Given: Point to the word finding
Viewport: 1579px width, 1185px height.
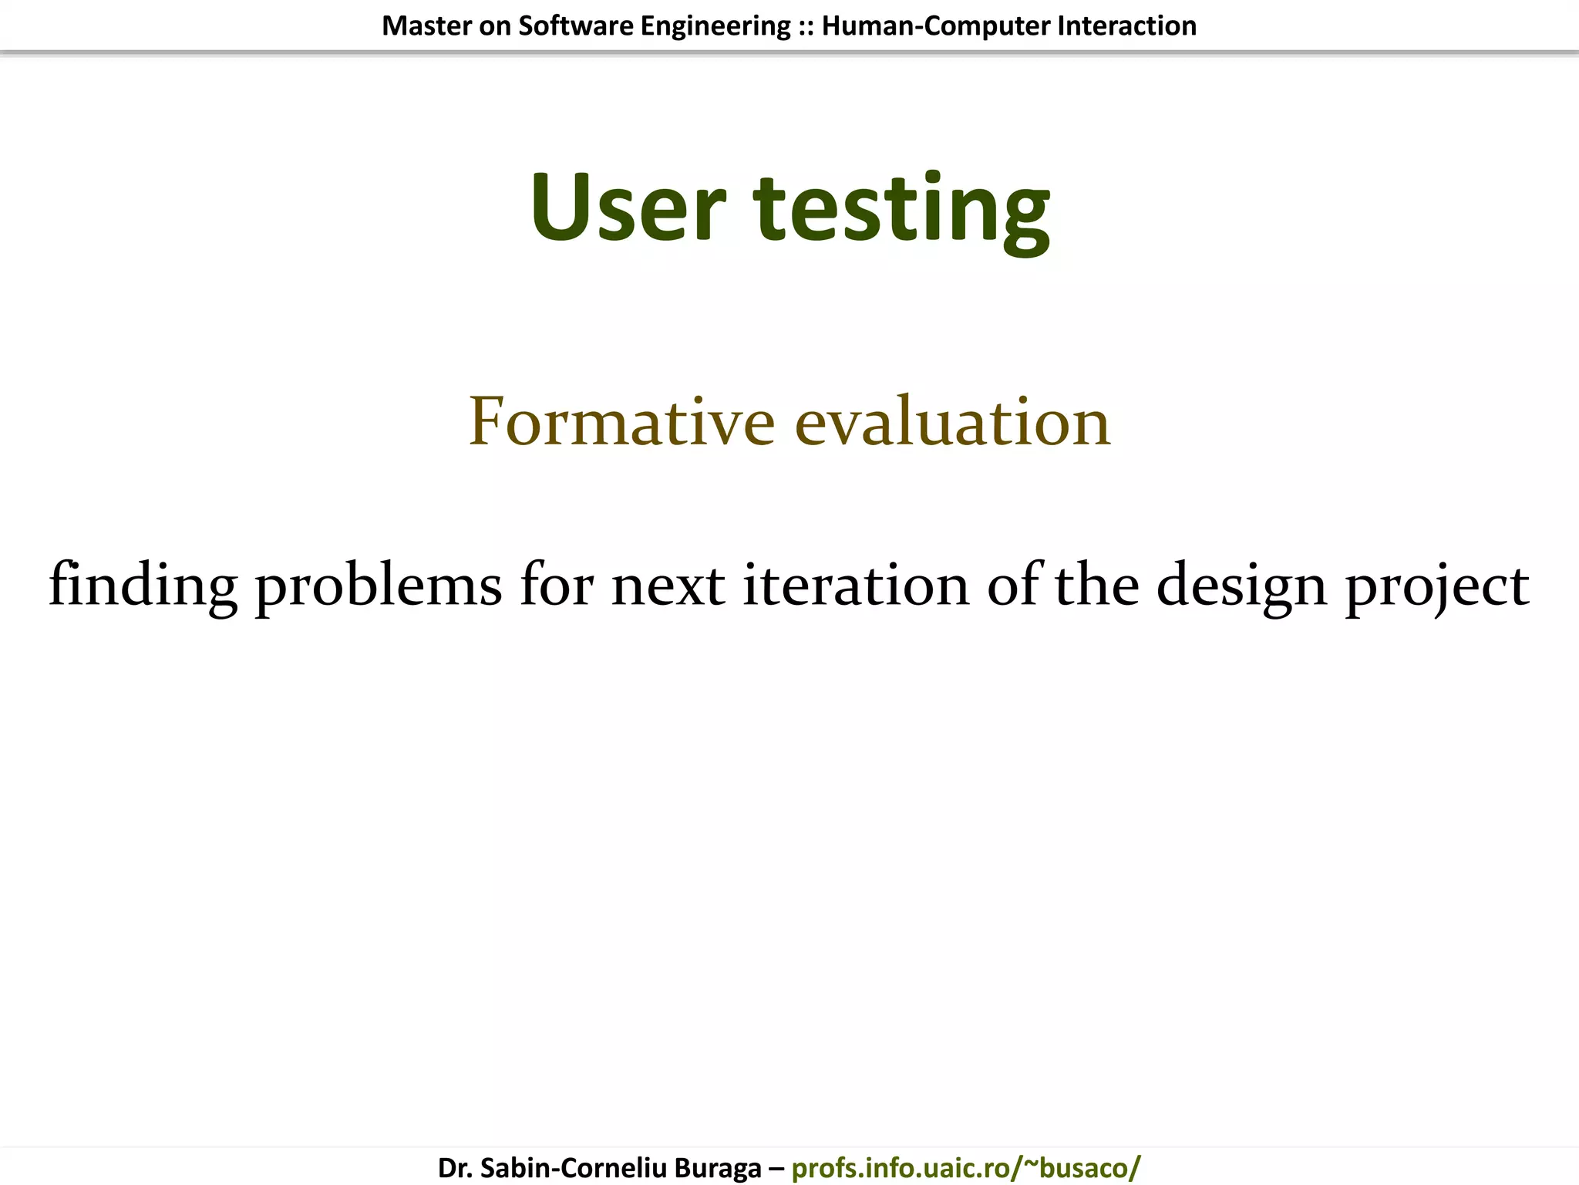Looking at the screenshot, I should (143, 585).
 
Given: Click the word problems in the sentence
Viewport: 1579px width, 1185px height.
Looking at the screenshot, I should (379, 585).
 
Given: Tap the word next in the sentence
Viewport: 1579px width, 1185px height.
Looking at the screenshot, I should (668, 585).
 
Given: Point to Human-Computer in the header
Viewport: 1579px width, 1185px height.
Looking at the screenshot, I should (936, 26).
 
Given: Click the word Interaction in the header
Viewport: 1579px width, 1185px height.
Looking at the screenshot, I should (1127, 26).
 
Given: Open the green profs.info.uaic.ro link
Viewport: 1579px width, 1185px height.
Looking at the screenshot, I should (965, 1168).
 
